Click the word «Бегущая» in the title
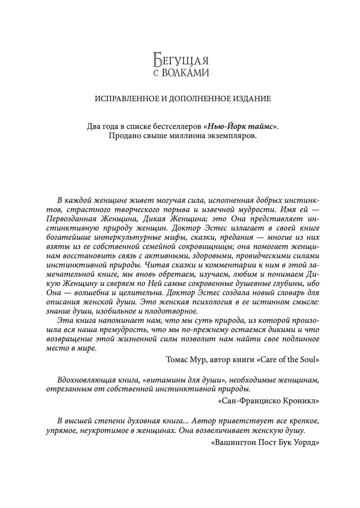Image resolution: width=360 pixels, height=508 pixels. click(182, 60)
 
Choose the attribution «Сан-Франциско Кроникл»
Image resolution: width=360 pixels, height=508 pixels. click(267, 401)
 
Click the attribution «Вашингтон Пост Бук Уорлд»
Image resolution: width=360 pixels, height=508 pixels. click(264, 442)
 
